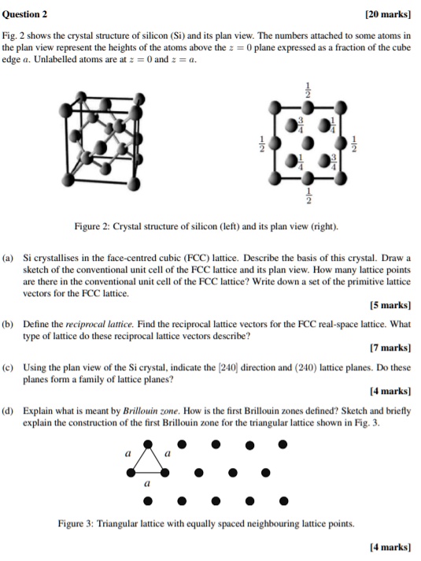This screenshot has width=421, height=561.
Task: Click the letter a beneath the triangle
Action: pyautogui.click(x=146, y=485)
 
